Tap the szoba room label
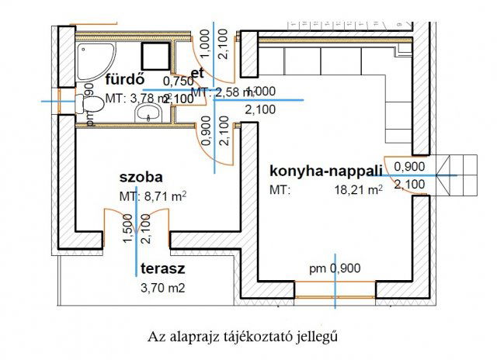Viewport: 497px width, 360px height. (x=141, y=177)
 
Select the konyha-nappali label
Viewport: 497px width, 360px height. (x=326, y=170)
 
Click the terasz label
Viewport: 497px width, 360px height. (x=162, y=269)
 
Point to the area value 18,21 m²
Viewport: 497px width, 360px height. (x=358, y=189)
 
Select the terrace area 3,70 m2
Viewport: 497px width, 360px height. (x=162, y=288)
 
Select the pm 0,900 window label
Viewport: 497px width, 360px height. (x=334, y=268)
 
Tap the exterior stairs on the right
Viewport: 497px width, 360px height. (x=457, y=175)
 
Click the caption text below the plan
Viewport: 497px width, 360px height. (x=243, y=337)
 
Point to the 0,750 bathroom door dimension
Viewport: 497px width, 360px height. (x=178, y=81)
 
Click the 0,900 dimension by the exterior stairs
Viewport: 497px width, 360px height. (x=408, y=166)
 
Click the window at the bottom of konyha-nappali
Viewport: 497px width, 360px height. (x=335, y=291)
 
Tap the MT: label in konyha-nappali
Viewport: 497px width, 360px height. (x=279, y=189)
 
